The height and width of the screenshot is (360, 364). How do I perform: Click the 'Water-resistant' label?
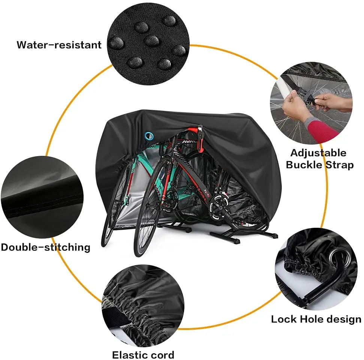pyautogui.click(x=59, y=45)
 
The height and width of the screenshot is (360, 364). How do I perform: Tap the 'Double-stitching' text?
pyautogui.click(x=45, y=247)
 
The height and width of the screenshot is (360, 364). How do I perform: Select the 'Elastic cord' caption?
pyautogui.click(x=143, y=354)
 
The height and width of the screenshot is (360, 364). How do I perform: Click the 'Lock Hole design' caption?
pyautogui.click(x=316, y=319)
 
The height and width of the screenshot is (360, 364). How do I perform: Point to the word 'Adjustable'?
pyautogui.click(x=318, y=153)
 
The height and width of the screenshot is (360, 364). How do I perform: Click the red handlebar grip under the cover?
pyautogui.click(x=192, y=131)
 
